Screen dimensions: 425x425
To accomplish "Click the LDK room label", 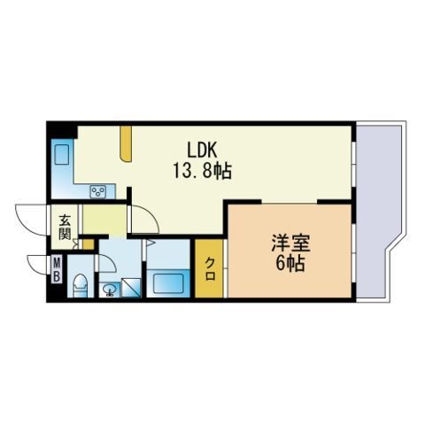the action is tap(203, 151).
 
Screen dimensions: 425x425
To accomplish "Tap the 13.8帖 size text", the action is tap(202, 171).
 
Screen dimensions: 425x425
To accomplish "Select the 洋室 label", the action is tap(290, 243).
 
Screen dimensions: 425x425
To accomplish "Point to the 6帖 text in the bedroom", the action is tap(290, 263).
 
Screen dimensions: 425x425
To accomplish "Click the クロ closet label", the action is tap(210, 268).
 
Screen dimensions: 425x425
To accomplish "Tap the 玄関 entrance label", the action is tap(65, 228).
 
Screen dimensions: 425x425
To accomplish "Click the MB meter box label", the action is tap(57, 269).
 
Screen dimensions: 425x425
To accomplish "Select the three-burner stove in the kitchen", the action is tap(98, 192).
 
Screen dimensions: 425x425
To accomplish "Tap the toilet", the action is tap(80, 285).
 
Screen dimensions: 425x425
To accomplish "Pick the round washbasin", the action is tap(111, 290).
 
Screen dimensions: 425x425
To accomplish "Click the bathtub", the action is tap(168, 283).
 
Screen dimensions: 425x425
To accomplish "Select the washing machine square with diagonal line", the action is tap(131, 288).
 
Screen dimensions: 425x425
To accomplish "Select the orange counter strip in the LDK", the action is tap(126, 144).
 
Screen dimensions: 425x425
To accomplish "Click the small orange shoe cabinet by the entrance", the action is tap(88, 244).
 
